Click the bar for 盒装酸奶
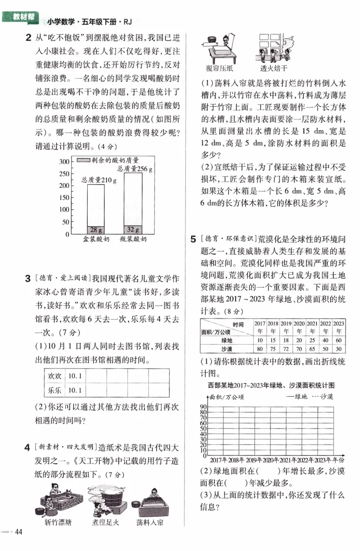click(96, 209)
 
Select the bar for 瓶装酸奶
click(133, 203)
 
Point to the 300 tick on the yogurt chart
click(64, 162)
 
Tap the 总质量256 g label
click(135, 169)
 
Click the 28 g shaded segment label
click(96, 230)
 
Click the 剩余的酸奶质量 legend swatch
click(83, 160)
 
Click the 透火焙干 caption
click(274, 69)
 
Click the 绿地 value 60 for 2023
click(338, 340)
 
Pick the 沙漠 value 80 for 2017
click(260, 349)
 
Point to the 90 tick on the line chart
click(203, 407)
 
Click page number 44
click(18, 532)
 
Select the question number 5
click(193, 239)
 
